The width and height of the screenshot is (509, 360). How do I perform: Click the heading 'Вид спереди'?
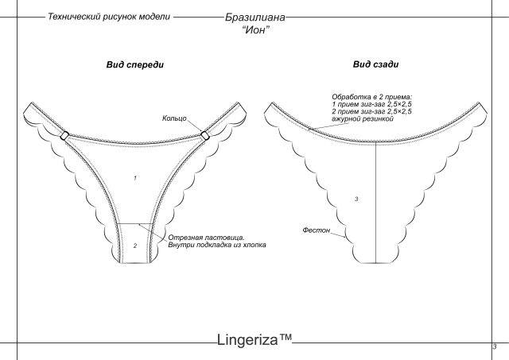coord(135,64)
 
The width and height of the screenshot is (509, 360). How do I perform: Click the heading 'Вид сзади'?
coord(375,64)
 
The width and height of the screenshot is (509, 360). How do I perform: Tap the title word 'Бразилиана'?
coord(254,17)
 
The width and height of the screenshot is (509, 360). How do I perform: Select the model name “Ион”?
coord(256,30)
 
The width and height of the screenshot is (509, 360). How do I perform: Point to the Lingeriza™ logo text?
coord(254,339)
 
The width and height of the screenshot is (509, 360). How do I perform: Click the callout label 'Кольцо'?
coord(174,118)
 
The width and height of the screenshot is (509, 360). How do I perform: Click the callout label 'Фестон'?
coord(317,230)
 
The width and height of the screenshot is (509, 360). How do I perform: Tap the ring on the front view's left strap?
coord(64,135)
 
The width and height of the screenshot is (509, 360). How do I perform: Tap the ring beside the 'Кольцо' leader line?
coord(205,135)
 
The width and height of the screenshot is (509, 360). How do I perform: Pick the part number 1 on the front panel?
coord(135,178)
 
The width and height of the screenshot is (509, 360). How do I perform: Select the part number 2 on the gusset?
coord(135,246)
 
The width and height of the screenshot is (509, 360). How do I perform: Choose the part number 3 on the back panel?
coord(356,199)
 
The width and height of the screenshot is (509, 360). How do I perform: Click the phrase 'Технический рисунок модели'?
coord(109,17)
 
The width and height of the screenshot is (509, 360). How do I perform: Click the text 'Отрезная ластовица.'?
coord(206,238)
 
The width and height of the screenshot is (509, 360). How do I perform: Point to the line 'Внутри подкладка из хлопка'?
coord(217,245)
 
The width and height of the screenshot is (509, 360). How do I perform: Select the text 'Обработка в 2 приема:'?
coord(371,97)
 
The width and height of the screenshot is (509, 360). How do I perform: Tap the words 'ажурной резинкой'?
coord(363,118)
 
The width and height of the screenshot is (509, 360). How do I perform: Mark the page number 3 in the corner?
coord(495,346)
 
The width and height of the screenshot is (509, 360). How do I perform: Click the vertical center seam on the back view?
coord(376,203)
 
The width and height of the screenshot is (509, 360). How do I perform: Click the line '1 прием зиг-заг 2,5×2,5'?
coord(371,104)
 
